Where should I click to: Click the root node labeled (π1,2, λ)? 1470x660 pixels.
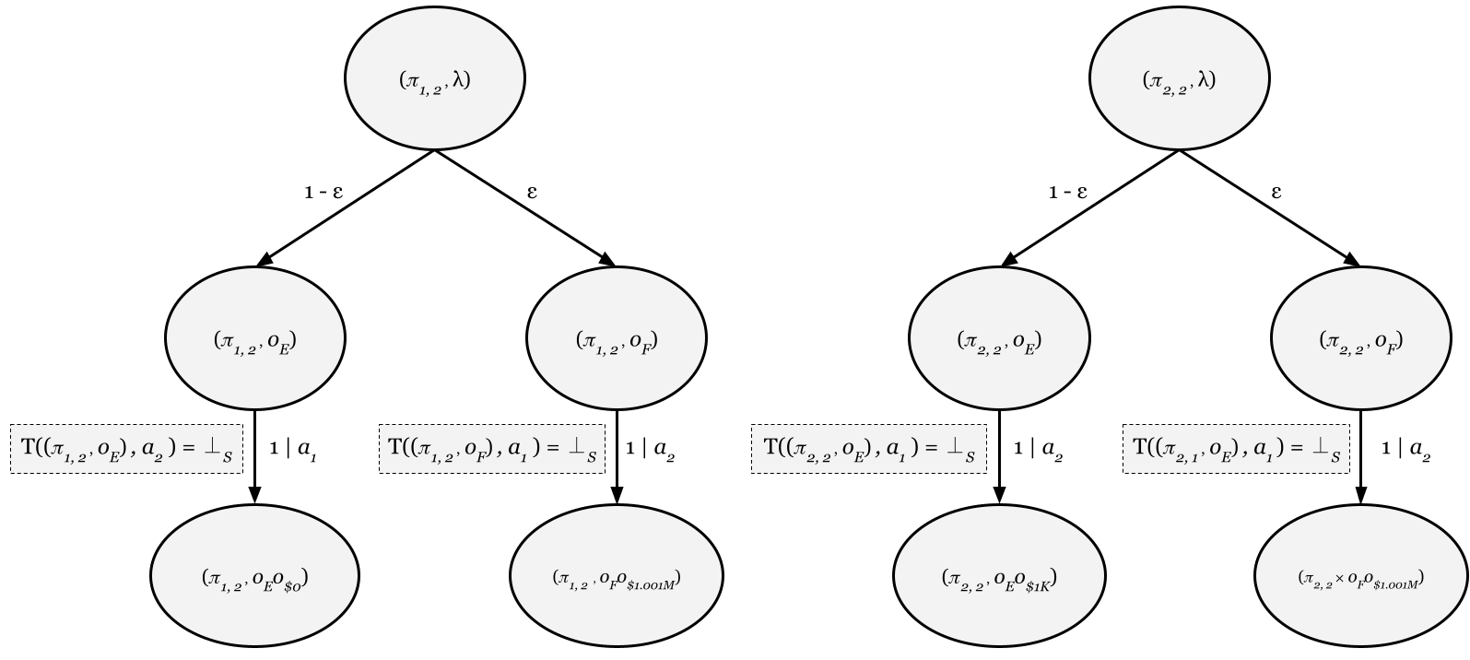[435, 80]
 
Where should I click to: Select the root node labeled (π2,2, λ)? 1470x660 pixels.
[1179, 80]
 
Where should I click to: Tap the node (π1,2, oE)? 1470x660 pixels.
[254, 339]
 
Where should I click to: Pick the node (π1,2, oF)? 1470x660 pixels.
[617, 339]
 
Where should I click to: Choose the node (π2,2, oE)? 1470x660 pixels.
[999, 339]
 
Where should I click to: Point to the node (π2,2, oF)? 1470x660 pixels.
[1360, 339]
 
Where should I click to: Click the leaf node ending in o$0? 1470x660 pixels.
[254, 579]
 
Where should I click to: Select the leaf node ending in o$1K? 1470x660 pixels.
[999, 579]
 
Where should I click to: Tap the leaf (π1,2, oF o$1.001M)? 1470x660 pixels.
[617, 579]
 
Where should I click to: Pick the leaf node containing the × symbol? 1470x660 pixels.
[1360, 579]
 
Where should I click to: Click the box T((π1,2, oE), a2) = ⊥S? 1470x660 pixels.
[126, 449]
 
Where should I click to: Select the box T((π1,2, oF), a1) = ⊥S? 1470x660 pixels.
[492, 449]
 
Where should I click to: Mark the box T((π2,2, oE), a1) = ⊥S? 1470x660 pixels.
[868, 449]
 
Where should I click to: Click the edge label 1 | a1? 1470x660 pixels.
[294, 449]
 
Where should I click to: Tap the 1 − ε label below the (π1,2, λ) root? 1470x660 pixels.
[323, 193]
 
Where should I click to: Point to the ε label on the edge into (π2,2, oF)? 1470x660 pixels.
[1276, 193]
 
